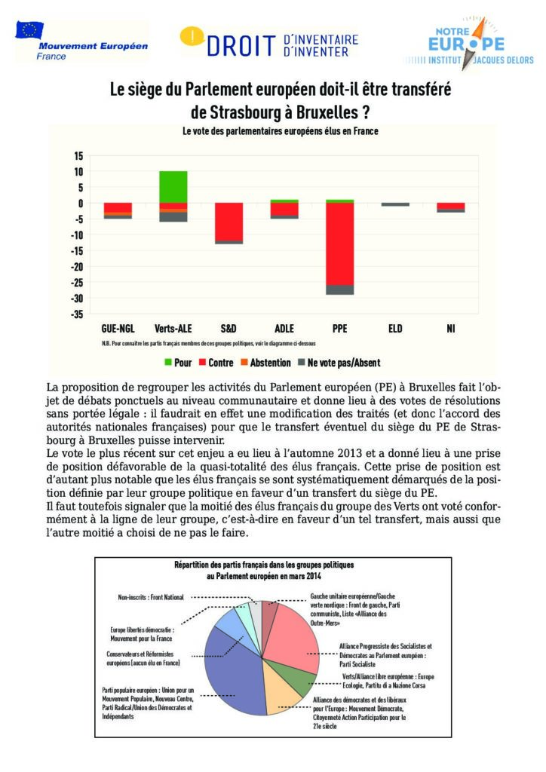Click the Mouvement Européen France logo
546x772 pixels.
pyautogui.click(x=81, y=41)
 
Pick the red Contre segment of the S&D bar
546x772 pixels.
pyautogui.click(x=229, y=221)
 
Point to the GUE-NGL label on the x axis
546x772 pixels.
pyautogui.click(x=118, y=329)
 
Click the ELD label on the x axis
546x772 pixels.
pyautogui.click(x=395, y=329)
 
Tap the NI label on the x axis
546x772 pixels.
pyautogui.click(x=451, y=329)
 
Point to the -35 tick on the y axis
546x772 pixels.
pyautogui.click(x=78, y=314)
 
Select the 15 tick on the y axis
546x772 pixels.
pyautogui.click(x=78, y=156)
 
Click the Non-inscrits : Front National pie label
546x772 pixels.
pyautogui.click(x=151, y=597)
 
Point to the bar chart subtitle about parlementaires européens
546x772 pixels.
pyautogui.click(x=280, y=130)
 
